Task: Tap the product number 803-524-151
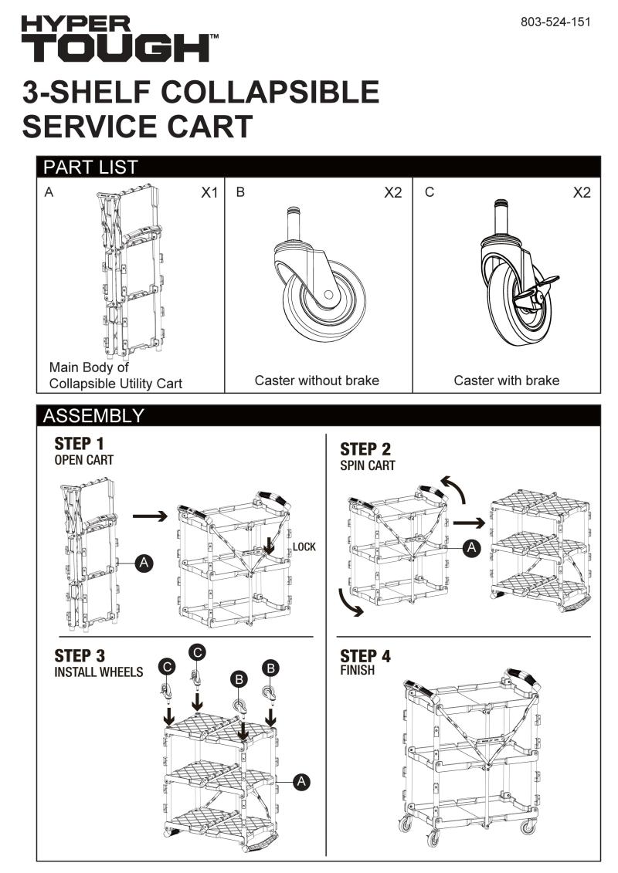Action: (x=555, y=22)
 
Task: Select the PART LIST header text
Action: (x=90, y=167)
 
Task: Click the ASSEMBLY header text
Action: (x=93, y=415)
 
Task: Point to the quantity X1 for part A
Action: (x=209, y=193)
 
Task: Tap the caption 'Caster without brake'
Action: (x=317, y=381)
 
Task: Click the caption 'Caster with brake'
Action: (x=507, y=381)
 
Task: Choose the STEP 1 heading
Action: (x=79, y=445)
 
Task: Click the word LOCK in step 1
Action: (x=304, y=547)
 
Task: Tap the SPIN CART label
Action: (x=368, y=466)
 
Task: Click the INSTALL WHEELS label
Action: (x=98, y=672)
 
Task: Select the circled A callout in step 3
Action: (x=302, y=782)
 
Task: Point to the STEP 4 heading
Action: (x=365, y=656)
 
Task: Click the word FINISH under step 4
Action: (x=357, y=671)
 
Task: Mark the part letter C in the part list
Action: (x=430, y=192)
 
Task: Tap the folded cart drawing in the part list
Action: (x=131, y=270)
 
